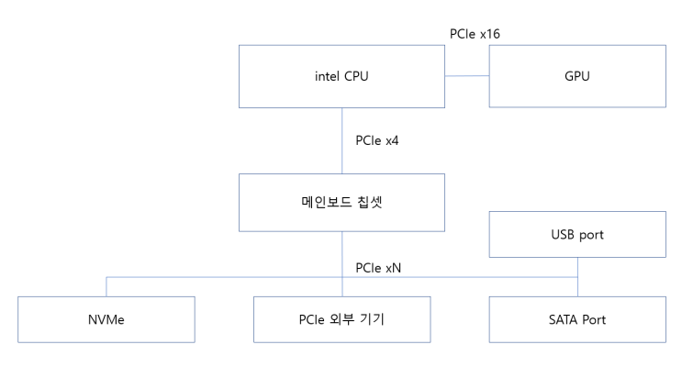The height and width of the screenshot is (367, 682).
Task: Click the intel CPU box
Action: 342,76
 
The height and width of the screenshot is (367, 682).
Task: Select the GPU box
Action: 577,76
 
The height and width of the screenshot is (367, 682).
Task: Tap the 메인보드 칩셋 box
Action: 342,203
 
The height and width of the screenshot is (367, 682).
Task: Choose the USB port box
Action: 577,234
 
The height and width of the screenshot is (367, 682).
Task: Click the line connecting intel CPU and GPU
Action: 467,76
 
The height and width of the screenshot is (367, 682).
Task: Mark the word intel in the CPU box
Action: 319,76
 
